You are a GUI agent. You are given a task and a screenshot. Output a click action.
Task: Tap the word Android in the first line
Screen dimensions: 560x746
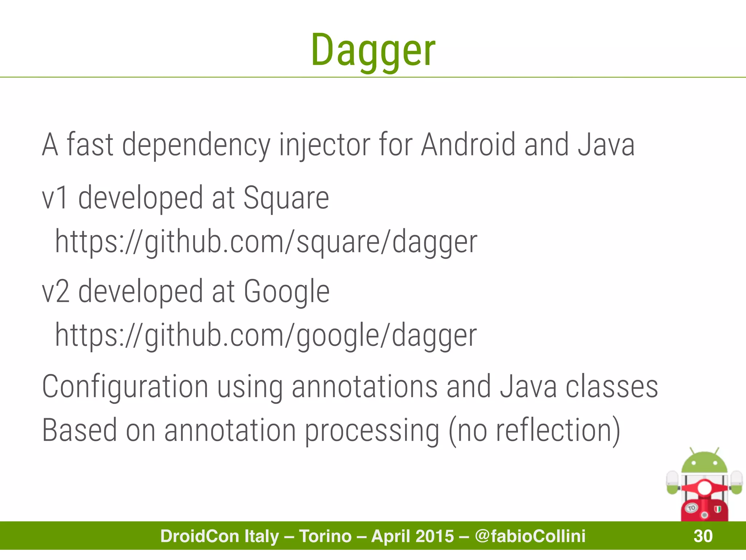pos(468,145)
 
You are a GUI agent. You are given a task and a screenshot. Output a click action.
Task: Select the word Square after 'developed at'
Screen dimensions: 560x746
pos(286,198)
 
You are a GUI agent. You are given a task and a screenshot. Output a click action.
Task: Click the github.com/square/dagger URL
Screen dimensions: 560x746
pos(266,242)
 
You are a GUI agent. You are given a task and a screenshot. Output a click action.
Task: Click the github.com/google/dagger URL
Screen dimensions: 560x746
pos(266,335)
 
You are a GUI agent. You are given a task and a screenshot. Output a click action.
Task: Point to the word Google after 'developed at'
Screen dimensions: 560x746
pos(286,291)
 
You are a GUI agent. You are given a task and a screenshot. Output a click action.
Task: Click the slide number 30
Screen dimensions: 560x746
pos(703,536)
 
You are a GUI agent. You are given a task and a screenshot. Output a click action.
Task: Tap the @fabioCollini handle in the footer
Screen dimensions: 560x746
pos(530,536)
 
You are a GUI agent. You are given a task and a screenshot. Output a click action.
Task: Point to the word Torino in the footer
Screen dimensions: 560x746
pos(325,536)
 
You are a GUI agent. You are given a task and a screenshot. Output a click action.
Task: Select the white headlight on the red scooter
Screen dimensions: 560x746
pos(704,488)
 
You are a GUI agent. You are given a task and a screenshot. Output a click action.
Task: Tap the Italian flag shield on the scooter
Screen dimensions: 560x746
pos(718,509)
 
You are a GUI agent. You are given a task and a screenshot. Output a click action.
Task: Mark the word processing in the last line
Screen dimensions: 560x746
pos(372,431)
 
